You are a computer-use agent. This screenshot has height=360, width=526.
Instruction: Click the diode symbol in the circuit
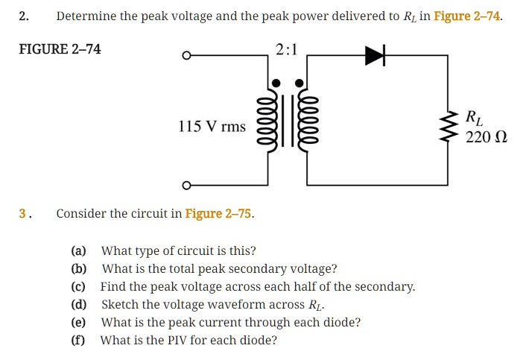(x=373, y=57)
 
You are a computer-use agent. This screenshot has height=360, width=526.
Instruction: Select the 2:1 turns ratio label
(x=286, y=50)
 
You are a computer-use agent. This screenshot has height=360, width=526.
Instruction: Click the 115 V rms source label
(x=212, y=127)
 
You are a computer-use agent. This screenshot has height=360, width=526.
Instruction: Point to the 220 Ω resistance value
(x=486, y=137)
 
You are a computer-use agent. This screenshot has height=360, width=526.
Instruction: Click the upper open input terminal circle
(x=187, y=57)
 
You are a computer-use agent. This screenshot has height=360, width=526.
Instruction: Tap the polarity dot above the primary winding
(x=276, y=83)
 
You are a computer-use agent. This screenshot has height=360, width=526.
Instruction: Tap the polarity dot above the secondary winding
(x=300, y=83)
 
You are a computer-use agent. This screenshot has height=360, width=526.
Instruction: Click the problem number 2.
(x=23, y=16)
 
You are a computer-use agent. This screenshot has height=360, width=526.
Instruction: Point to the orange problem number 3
(x=24, y=214)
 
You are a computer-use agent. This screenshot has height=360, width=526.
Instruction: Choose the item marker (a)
(x=78, y=250)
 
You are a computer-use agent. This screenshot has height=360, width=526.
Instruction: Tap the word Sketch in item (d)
(x=119, y=305)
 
